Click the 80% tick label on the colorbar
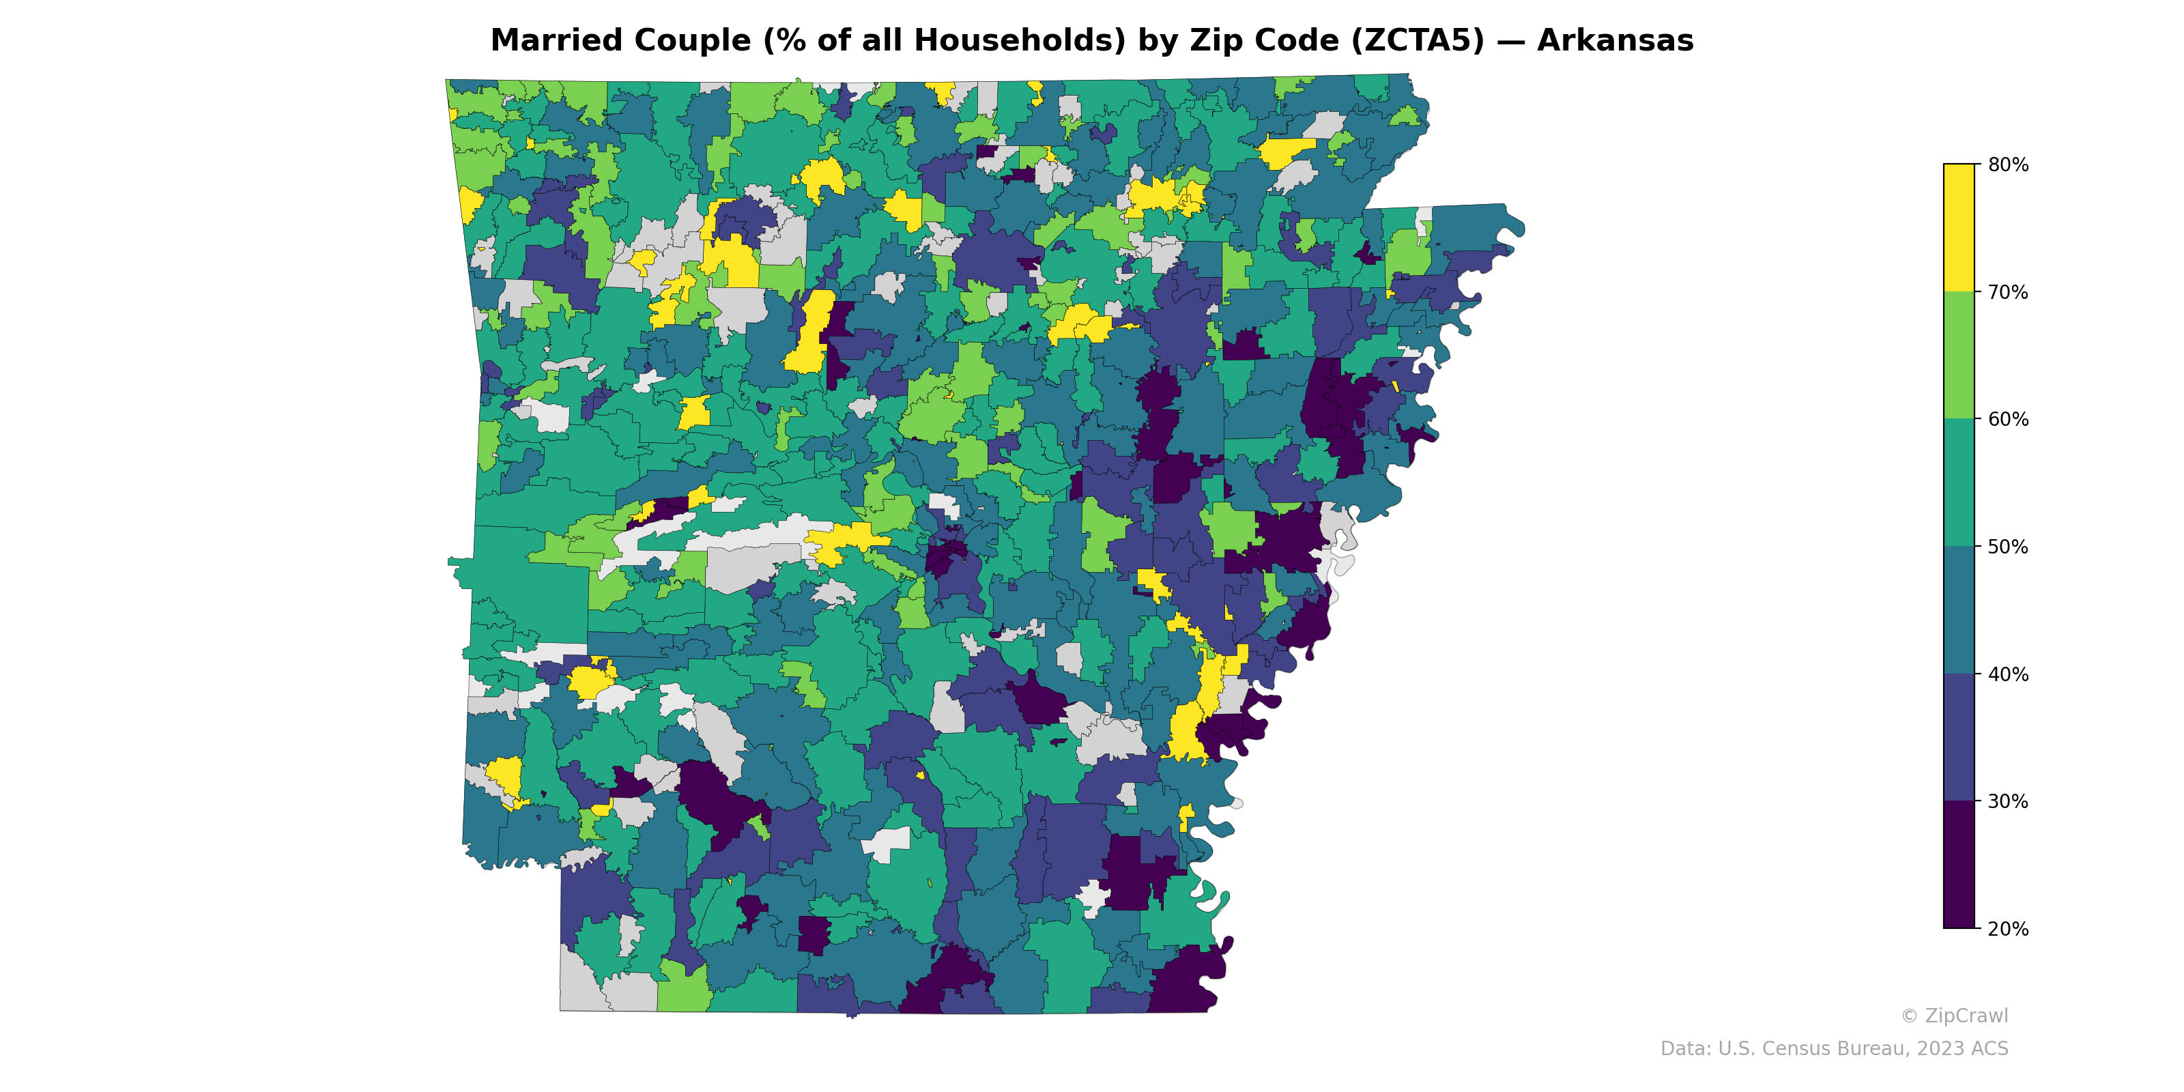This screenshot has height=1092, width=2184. pyautogui.click(x=2008, y=165)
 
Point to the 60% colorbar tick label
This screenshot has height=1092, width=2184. pyautogui.click(x=2008, y=420)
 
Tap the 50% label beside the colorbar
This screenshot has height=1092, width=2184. pyautogui.click(x=2008, y=547)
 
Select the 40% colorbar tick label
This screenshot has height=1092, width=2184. pyautogui.click(x=2008, y=675)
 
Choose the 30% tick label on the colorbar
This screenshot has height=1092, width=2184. pyautogui.click(x=2008, y=802)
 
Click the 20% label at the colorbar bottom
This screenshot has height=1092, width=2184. pyautogui.click(x=2008, y=929)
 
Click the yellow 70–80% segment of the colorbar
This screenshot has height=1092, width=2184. pyautogui.click(x=1959, y=228)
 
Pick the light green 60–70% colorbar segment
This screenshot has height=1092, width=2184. pyautogui.click(x=1959, y=355)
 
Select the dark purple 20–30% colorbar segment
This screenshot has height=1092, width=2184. pyautogui.click(x=1959, y=865)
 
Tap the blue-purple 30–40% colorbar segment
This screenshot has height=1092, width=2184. pyautogui.click(x=1959, y=738)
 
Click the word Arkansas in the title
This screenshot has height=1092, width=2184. pyautogui.click(x=1614, y=41)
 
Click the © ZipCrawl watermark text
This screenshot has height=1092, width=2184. pyautogui.click(x=1953, y=1016)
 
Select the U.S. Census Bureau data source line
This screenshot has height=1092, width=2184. pyautogui.click(x=1834, y=1049)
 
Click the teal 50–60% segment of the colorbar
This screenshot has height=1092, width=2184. pyautogui.click(x=1959, y=483)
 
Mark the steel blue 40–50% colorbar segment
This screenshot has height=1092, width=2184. pyautogui.click(x=1959, y=610)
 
